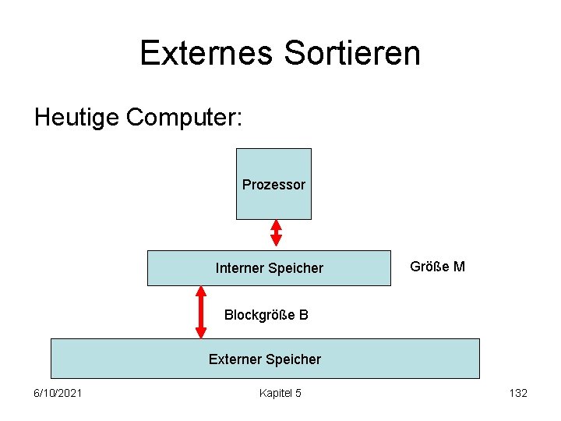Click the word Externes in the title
[206, 53]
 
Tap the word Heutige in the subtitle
[76, 118]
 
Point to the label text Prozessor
[273, 185]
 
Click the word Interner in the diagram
[239, 268]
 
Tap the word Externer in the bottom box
[235, 359]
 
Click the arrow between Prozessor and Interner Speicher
[275, 232]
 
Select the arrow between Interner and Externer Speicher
[201, 312]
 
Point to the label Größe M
[437, 267]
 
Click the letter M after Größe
[459, 267]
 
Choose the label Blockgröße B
[266, 315]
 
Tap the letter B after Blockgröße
[303, 315]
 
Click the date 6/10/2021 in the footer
[58, 393]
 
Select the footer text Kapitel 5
[280, 393]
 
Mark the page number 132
[517, 393]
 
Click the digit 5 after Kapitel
[298, 393]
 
